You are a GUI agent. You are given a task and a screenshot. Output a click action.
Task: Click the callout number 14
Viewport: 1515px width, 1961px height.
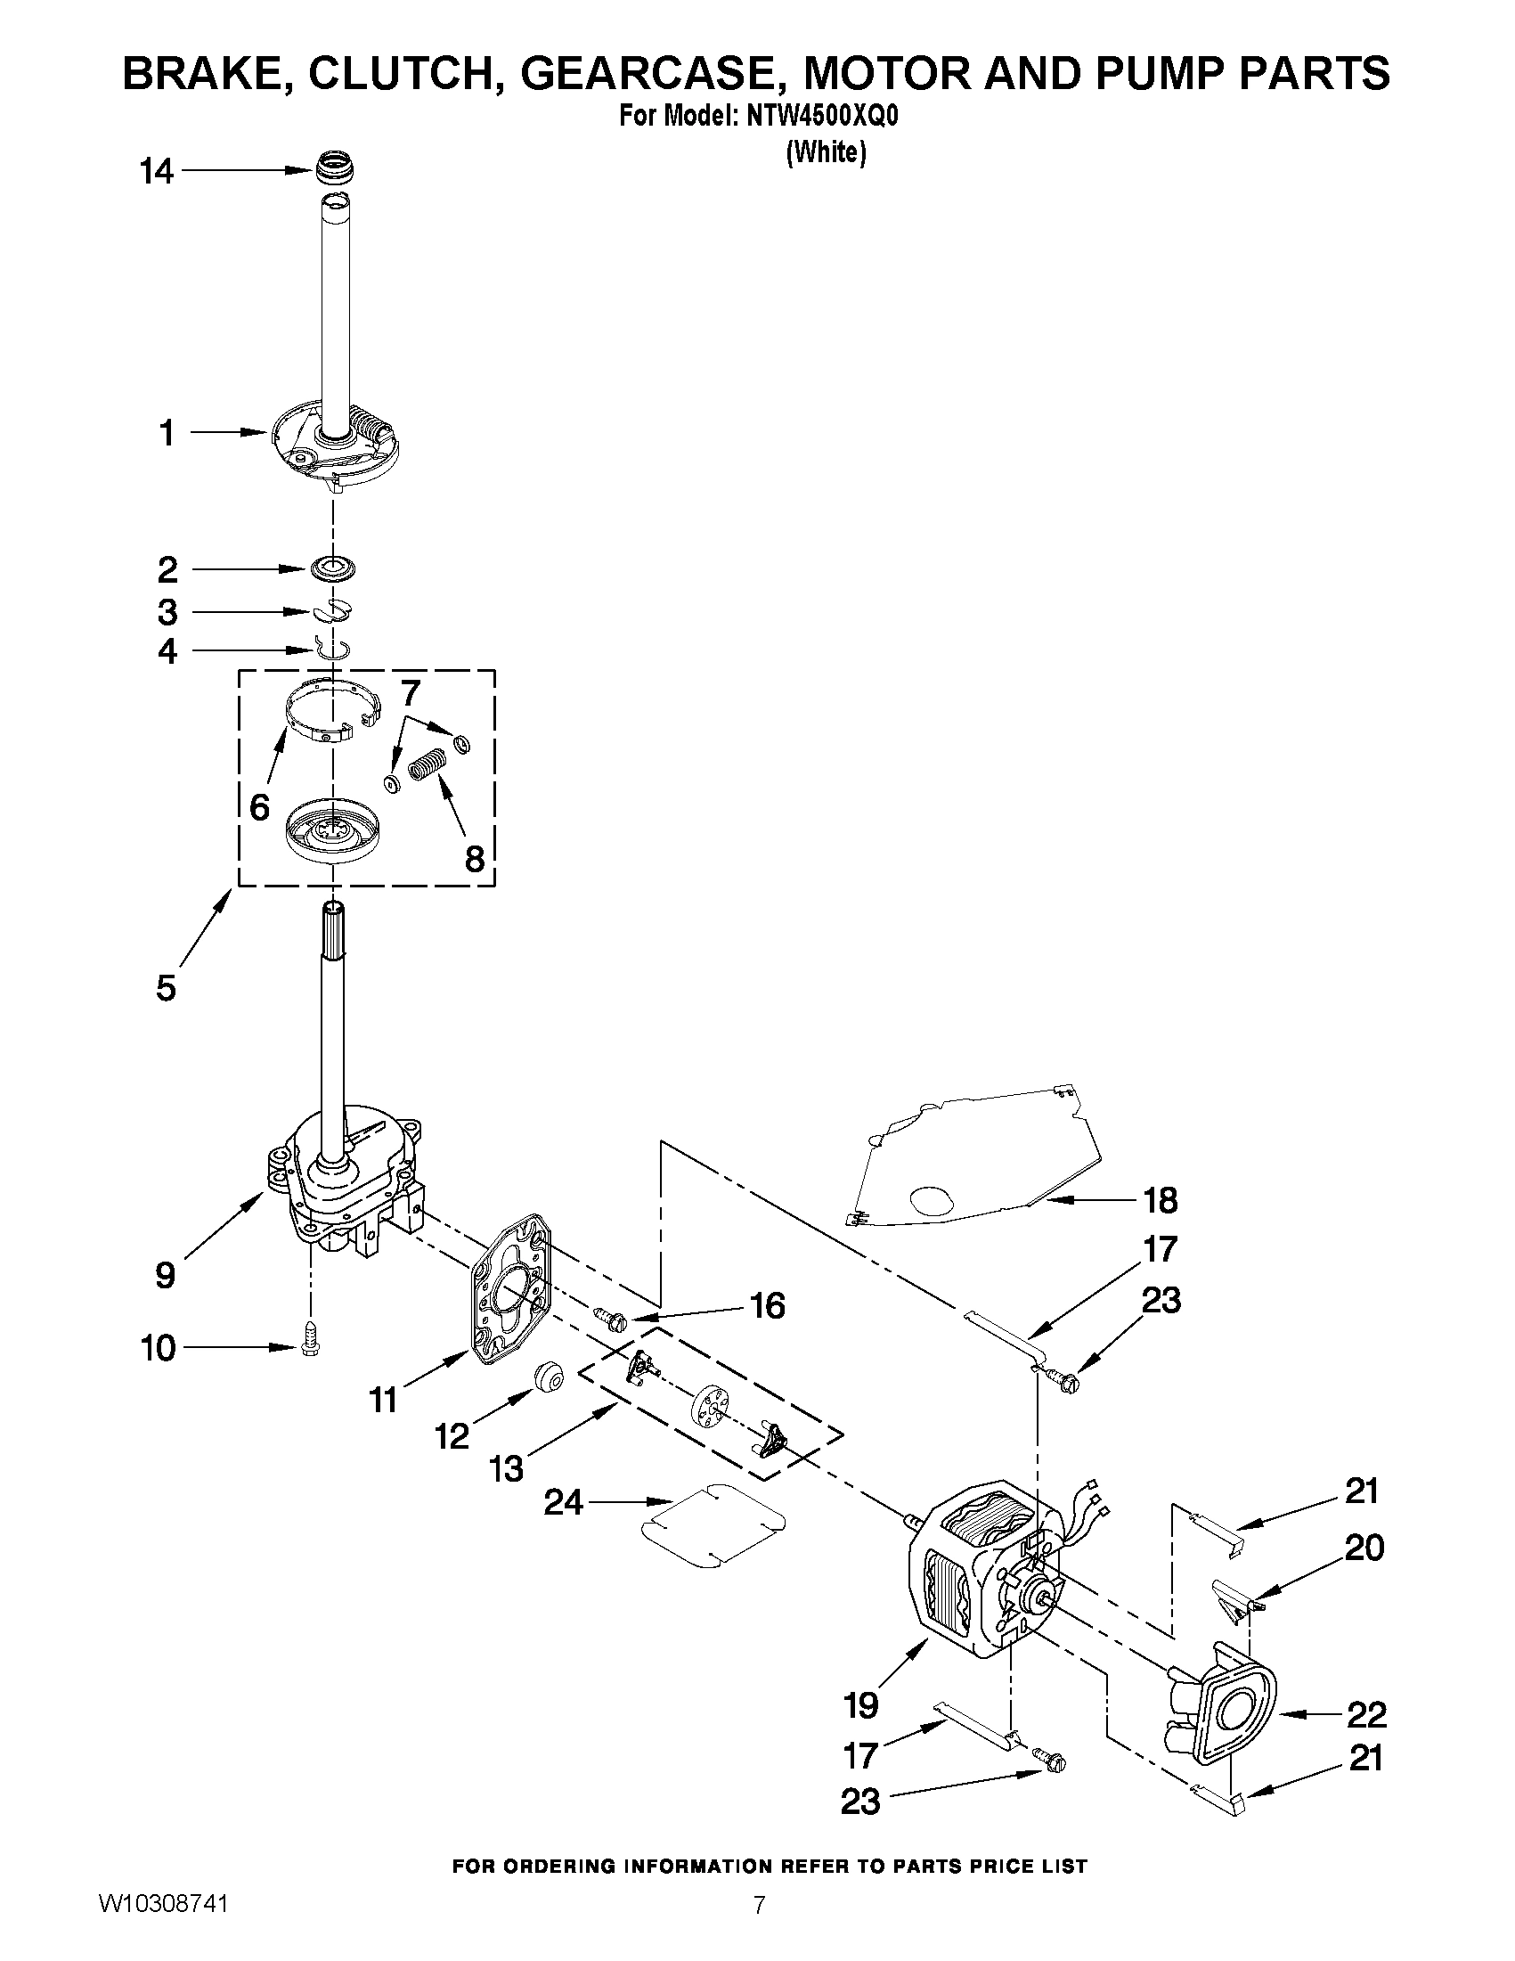157,171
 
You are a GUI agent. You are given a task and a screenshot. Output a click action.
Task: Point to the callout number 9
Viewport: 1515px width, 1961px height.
165,1275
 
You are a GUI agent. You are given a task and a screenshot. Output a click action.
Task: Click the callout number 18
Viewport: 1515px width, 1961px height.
1159,1199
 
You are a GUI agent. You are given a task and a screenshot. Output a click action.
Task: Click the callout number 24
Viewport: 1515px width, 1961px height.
564,1502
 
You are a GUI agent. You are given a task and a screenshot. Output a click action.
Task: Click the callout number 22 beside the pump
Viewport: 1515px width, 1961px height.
1366,1715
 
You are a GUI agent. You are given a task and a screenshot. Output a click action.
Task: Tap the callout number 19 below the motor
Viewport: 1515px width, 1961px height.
860,1704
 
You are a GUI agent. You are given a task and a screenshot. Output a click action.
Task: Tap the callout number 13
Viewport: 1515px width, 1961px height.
507,1470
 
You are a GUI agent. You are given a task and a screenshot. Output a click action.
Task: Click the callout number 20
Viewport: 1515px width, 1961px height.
1364,1547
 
